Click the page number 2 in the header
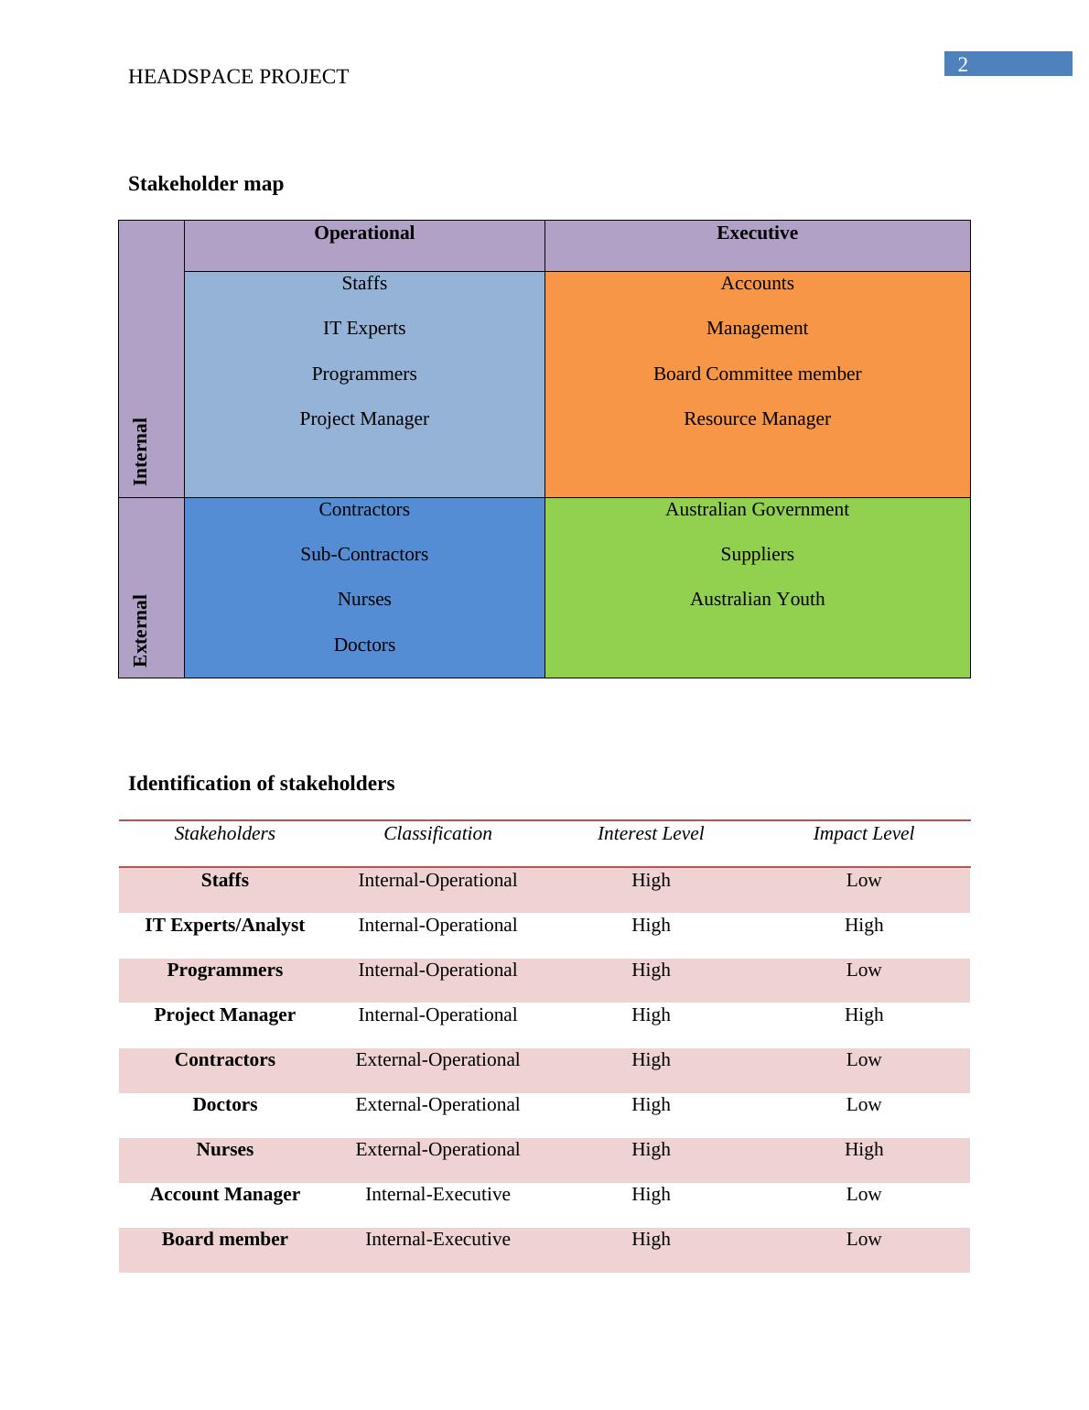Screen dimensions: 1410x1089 (963, 64)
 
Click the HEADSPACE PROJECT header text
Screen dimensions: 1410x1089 (238, 77)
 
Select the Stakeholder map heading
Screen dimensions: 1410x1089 (206, 184)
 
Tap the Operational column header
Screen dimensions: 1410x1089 (364, 233)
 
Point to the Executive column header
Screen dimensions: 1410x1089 (757, 233)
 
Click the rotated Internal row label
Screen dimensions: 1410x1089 (140, 451)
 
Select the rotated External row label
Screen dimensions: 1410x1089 (140, 631)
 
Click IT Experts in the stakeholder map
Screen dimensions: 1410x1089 (364, 329)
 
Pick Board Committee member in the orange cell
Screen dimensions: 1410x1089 (757, 374)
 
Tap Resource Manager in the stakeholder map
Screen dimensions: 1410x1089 (757, 419)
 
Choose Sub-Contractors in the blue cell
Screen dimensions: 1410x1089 (364, 555)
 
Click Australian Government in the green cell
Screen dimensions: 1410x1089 (757, 510)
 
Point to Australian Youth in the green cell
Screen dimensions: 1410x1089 (757, 600)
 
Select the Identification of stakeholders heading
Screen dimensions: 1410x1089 (262, 784)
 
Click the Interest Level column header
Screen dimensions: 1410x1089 (651, 834)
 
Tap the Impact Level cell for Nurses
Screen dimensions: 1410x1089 (863, 1150)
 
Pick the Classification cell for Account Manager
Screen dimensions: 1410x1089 (437, 1195)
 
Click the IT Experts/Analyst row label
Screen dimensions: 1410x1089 (225, 926)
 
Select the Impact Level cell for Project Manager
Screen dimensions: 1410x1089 (863, 1015)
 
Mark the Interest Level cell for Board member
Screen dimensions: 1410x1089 (651, 1240)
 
